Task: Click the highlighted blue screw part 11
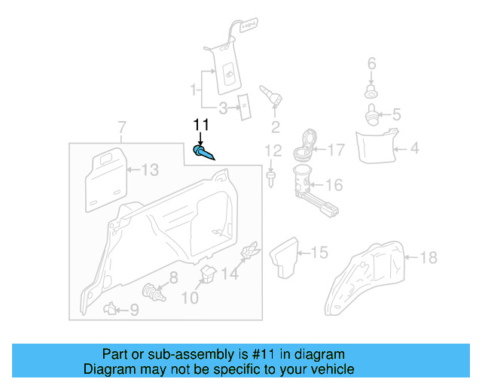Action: [204, 153]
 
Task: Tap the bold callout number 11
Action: [201, 125]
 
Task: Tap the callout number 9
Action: [134, 309]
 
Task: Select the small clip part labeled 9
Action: [111, 307]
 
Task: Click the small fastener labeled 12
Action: [270, 177]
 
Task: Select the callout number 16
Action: [334, 185]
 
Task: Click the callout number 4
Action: [414, 149]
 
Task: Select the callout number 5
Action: [396, 115]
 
